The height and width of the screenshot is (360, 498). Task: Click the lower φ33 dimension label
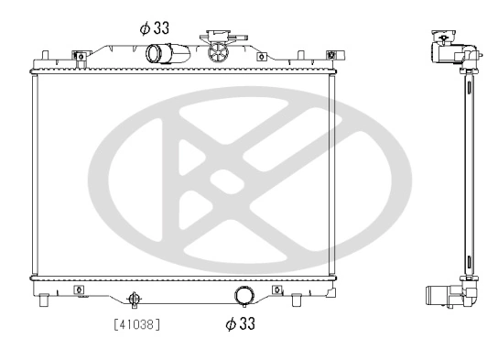239,322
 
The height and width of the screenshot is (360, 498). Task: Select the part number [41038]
143,322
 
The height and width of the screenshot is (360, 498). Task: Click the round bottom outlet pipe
244,295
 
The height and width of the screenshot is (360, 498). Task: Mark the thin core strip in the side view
469,174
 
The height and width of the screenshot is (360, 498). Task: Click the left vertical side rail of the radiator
34,174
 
